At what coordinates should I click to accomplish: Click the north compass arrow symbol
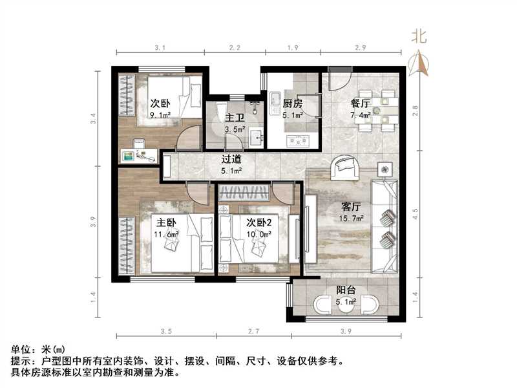420,62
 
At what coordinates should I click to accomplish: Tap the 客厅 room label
351,208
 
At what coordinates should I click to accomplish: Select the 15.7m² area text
352,219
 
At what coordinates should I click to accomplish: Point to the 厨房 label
293,103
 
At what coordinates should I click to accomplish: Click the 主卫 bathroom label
234,118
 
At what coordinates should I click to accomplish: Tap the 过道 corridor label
231,159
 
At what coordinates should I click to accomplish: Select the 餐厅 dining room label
360,103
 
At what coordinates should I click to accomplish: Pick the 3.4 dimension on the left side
93,118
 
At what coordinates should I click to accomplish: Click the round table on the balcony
345,305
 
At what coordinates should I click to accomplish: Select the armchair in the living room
345,168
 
